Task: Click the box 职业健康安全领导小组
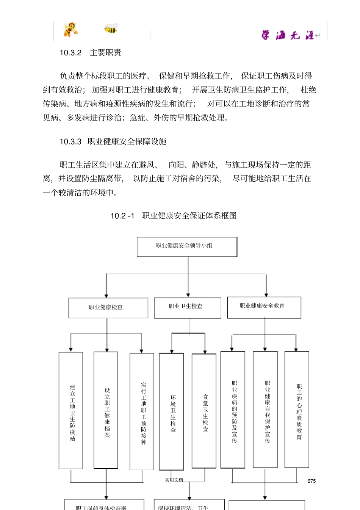pos(187,246)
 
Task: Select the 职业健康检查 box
pos(108,308)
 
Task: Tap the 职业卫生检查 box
pos(187,307)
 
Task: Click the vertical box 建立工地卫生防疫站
pos(71,410)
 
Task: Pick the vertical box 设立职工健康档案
pos(106,410)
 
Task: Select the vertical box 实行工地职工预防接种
pos(142,411)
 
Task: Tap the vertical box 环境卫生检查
pos(171,412)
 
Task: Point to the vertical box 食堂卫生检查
pos(204,411)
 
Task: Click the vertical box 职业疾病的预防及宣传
pos(233,410)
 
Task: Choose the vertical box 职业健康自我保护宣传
pos(265,410)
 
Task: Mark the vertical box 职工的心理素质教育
pos(297,410)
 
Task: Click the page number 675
pos(311,481)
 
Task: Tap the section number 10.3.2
pos(70,53)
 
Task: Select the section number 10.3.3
pos(70,141)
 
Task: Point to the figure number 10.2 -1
pos(122,216)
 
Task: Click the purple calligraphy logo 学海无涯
pos(288,35)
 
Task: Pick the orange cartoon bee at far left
pos(70,29)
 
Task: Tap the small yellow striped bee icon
pos(111,28)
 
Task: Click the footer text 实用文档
pos(174,480)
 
